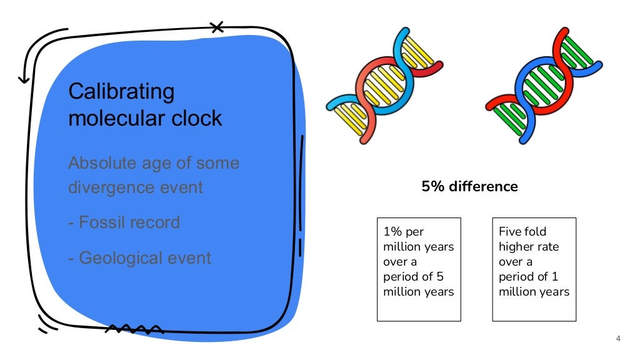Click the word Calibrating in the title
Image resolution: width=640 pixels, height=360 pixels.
point(121,92)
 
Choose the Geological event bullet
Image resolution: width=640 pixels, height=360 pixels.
point(139,257)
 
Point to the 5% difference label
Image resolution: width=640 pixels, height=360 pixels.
point(469,186)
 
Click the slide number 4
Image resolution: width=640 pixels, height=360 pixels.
point(618,339)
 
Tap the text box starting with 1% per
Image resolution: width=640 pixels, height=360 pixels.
point(419,269)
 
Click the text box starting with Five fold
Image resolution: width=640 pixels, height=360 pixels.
point(534,269)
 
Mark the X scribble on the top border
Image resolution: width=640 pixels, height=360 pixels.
point(217,27)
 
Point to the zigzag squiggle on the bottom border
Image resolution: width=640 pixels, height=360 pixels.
point(134,329)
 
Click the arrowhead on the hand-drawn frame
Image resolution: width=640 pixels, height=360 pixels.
point(24,79)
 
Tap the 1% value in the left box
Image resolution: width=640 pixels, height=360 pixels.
point(392,232)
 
